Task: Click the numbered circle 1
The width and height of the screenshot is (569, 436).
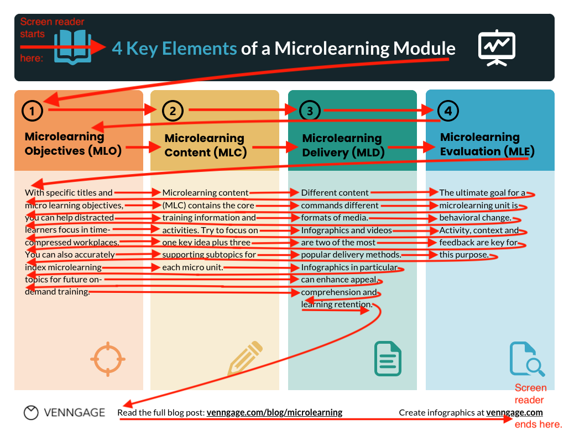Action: [x=33, y=111]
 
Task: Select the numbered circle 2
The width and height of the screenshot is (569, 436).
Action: [x=173, y=111]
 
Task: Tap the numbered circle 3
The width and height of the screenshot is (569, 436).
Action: [x=310, y=111]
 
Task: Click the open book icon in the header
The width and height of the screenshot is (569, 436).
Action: [x=74, y=46]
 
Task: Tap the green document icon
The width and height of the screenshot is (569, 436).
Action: [x=388, y=358]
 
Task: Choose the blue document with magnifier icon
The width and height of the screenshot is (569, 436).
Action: [x=526, y=360]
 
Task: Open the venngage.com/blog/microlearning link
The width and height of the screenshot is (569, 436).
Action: [x=274, y=412]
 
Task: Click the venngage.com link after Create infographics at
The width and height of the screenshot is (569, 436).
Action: [x=514, y=412]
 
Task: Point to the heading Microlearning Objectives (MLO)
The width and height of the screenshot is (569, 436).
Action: [x=73, y=143]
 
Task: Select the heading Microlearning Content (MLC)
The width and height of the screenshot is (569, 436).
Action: [x=205, y=145]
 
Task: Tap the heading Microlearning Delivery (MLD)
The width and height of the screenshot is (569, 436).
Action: [x=343, y=145]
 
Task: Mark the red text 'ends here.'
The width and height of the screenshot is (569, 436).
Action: [x=538, y=424]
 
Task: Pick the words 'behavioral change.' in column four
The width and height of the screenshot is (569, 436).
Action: [x=475, y=217]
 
